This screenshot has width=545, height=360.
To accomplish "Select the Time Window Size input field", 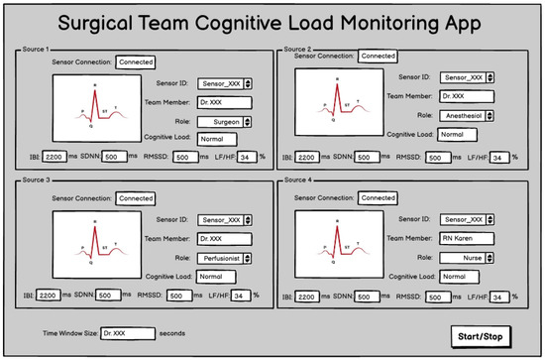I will (126, 332).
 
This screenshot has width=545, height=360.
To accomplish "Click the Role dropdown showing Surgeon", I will (221, 122).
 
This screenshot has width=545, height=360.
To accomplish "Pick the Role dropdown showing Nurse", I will (466, 257).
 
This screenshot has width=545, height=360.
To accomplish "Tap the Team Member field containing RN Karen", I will (466, 237).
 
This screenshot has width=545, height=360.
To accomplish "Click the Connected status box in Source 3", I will (135, 198).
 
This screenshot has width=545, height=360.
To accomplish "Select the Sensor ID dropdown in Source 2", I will (466, 75).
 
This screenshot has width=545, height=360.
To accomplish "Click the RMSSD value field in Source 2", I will (435, 158).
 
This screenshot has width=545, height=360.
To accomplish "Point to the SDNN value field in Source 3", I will (108, 295).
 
